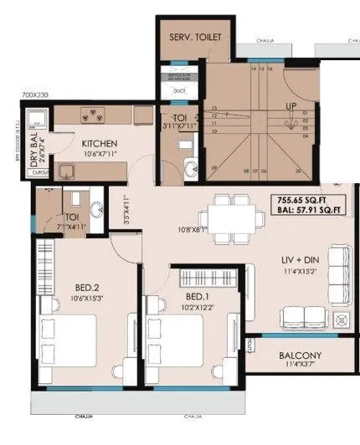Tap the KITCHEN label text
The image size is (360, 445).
click(100, 143)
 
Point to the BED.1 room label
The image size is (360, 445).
click(198, 297)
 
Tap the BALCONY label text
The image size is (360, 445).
click(298, 355)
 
